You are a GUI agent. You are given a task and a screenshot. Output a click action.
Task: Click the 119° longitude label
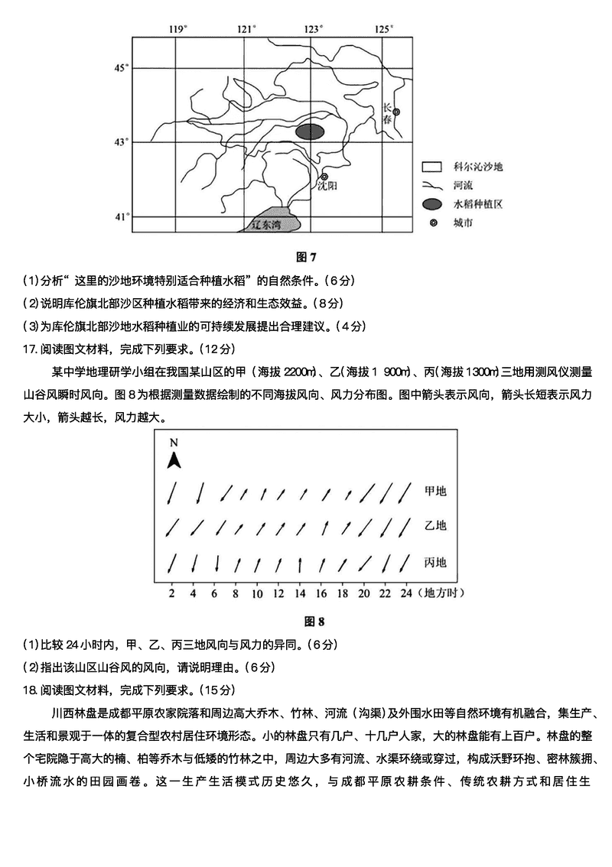pyautogui.click(x=177, y=29)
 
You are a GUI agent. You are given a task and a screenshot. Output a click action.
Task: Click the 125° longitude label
pyautogui.click(x=383, y=29)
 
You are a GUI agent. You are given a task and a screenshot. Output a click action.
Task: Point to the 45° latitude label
pyautogui.click(x=119, y=68)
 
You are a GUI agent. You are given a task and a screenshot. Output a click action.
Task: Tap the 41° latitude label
pyautogui.click(x=119, y=216)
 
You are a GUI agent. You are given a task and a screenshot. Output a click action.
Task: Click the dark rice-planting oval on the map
pyautogui.click(x=310, y=132)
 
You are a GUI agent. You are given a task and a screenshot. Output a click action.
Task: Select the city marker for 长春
pyautogui.click(x=396, y=112)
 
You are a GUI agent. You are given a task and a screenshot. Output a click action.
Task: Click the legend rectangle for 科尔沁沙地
pyautogui.click(x=432, y=166)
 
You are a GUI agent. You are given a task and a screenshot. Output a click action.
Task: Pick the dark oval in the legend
pyautogui.click(x=432, y=204)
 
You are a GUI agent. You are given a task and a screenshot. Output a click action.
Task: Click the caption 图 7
pyautogui.click(x=305, y=257)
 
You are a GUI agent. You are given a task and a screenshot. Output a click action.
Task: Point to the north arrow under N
pyautogui.click(x=174, y=459)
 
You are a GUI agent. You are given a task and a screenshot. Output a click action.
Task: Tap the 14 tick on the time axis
pyautogui.click(x=300, y=593)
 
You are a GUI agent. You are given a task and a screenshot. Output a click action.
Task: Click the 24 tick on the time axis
pyautogui.click(x=405, y=593)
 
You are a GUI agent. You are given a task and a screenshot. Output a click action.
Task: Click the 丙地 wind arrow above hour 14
pyautogui.click(x=300, y=564)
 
